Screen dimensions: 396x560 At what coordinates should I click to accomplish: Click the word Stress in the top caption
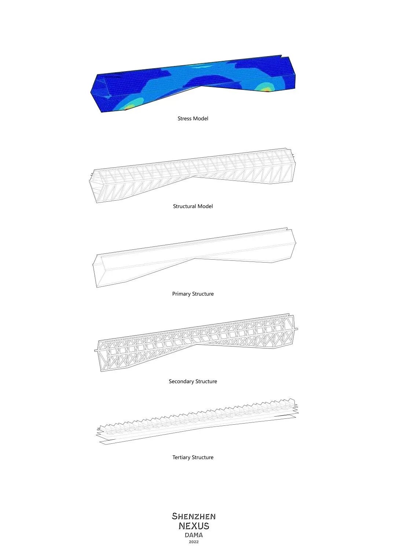point(184,118)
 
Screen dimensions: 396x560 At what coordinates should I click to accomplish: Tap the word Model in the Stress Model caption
point(201,118)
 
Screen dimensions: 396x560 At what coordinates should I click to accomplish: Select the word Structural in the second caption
point(184,206)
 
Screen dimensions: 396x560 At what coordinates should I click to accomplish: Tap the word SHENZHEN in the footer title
point(194,516)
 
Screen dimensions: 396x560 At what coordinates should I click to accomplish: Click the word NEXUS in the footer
point(194,526)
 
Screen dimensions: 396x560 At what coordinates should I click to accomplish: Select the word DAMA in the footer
point(194,535)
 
